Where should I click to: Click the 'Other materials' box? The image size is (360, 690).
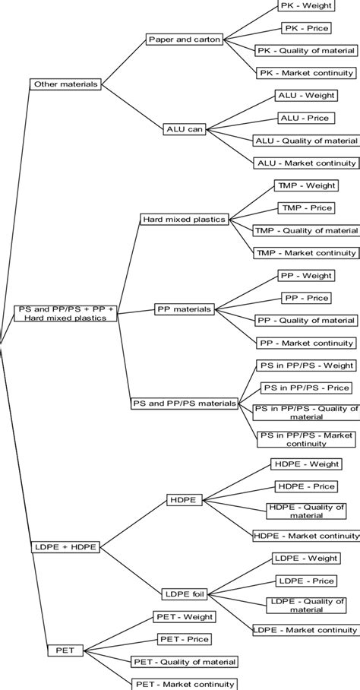point(66,84)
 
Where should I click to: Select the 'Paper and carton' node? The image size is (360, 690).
point(184,40)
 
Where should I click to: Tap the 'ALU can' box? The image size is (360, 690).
point(185,128)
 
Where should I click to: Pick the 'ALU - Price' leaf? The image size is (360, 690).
point(305,118)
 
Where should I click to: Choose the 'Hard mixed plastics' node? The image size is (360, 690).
point(184,219)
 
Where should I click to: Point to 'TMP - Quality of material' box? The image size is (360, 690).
point(305,230)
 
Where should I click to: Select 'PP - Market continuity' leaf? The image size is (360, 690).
point(306,343)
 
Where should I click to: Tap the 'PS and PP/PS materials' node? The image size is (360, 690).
point(184,403)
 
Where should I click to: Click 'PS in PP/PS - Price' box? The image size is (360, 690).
point(306,388)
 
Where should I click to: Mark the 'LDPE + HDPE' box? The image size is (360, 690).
point(65,546)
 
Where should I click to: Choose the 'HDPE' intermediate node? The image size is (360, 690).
point(184,500)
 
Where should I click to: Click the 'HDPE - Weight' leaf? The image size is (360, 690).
point(305,464)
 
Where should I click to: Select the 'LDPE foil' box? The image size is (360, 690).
point(185,593)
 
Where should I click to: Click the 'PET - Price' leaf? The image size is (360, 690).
point(184,639)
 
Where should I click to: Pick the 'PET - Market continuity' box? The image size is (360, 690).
point(184,684)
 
